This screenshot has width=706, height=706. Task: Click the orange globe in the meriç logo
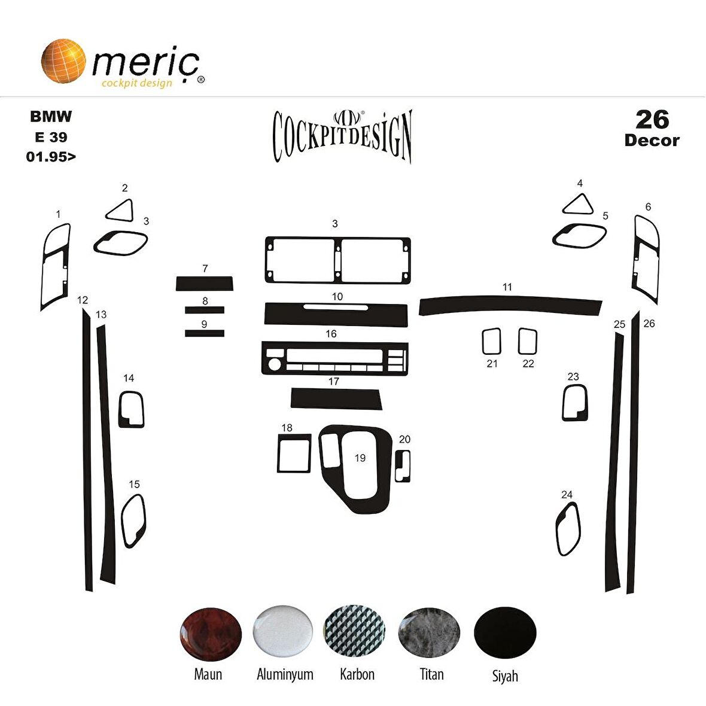(63, 61)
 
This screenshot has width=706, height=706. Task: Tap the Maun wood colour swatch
(210, 634)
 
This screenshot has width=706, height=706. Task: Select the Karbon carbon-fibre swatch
(354, 631)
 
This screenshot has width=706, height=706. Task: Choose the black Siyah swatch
(505, 632)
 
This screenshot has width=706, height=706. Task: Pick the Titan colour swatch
(429, 632)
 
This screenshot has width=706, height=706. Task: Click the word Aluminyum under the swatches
(285, 674)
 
